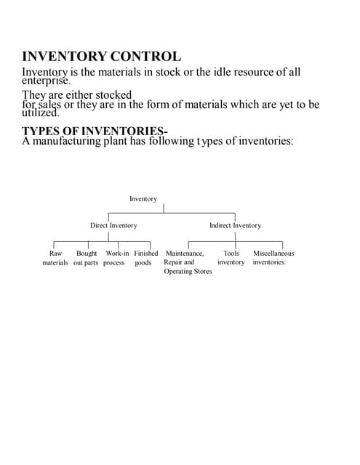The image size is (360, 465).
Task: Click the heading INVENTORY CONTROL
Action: tap(102, 56)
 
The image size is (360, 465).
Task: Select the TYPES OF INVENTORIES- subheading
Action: tap(95, 131)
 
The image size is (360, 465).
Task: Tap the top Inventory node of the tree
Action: tap(143, 199)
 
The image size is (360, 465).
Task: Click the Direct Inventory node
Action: tap(113, 226)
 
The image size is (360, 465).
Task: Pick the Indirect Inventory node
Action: tap(235, 226)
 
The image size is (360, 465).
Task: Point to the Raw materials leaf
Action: tap(55, 258)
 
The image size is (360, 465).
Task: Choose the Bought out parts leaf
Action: tap(86, 258)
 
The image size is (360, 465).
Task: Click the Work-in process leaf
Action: tap(116, 258)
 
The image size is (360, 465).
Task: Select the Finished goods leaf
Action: tap(145, 258)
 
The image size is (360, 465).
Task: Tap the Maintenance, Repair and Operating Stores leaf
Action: tap(187, 262)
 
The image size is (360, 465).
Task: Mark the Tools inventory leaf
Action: tap(231, 258)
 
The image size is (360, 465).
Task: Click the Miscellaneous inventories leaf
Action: tap(273, 258)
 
